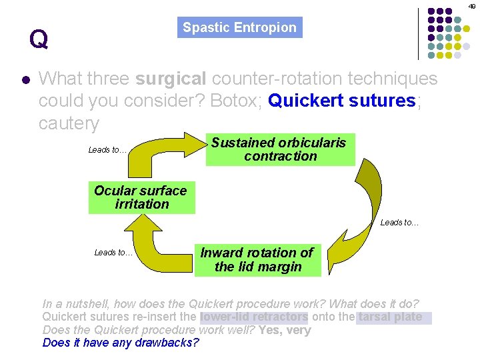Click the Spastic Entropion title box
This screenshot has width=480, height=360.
[x=239, y=27]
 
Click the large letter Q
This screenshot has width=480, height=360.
[x=39, y=40]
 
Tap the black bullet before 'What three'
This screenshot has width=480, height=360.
[x=25, y=79]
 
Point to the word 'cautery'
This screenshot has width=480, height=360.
[x=69, y=123]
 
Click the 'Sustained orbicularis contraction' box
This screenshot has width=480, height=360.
[x=279, y=149]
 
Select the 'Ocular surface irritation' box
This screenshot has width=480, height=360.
[x=141, y=197]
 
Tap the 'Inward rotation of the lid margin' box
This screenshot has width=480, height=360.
[x=257, y=260]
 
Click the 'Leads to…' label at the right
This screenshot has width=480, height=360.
[x=399, y=223]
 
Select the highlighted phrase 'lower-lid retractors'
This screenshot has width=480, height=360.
[x=254, y=317]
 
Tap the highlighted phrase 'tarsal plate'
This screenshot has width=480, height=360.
[x=391, y=317]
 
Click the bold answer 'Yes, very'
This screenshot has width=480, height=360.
[x=285, y=330]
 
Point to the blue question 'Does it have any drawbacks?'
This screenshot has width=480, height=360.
[x=121, y=343]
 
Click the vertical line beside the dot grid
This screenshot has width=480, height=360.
[x=419, y=33]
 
